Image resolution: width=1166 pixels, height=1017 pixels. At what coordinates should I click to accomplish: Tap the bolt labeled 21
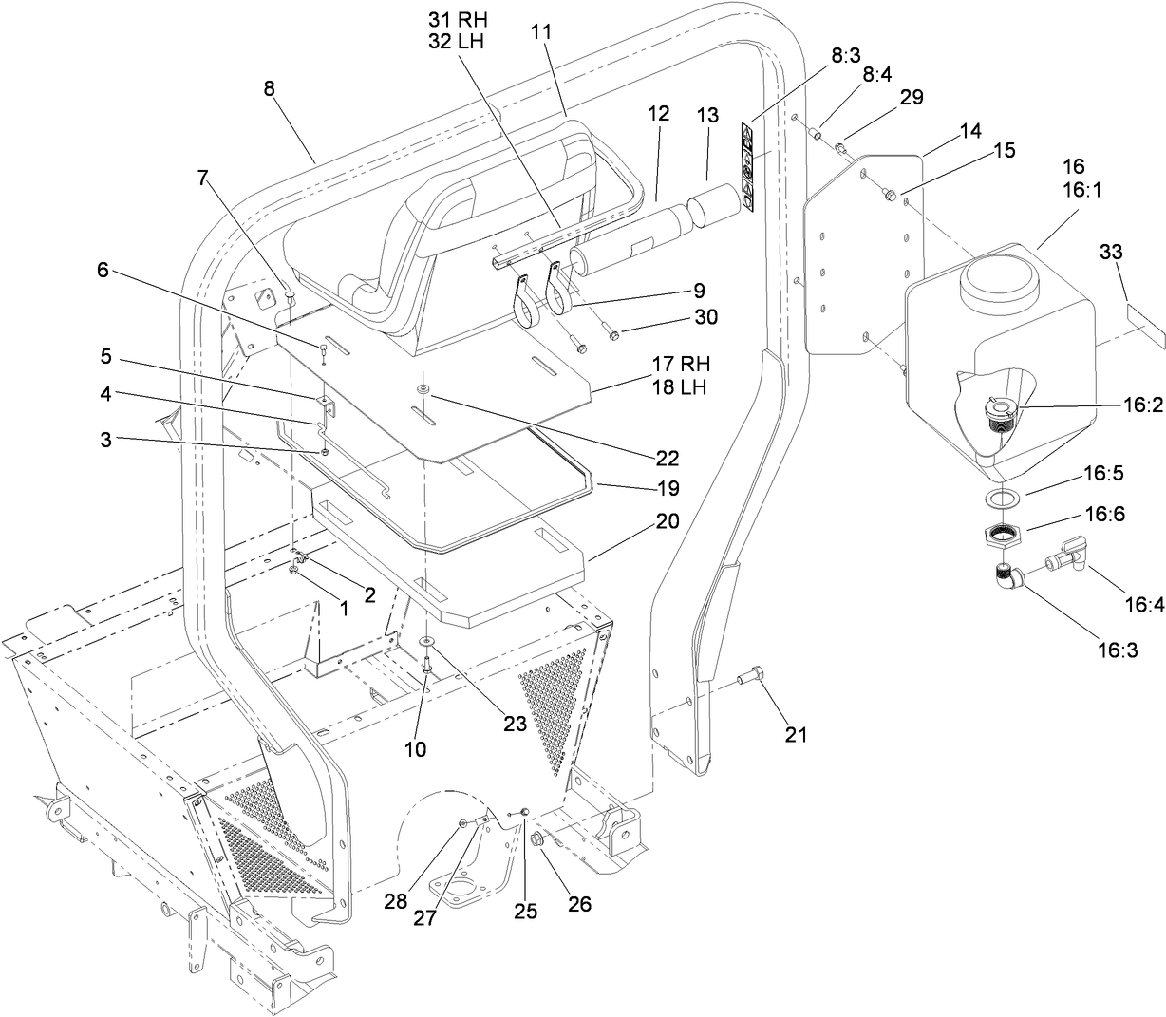coord(750,677)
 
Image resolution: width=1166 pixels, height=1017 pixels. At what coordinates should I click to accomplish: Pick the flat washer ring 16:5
coord(997,499)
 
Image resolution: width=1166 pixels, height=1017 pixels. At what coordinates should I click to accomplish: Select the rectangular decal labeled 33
coord(1139,313)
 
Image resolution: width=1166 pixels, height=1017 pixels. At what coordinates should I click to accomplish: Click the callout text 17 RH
coord(681,363)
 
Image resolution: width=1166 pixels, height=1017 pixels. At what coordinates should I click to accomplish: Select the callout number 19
coord(668,488)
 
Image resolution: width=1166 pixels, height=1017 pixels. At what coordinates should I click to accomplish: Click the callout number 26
coord(578,903)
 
